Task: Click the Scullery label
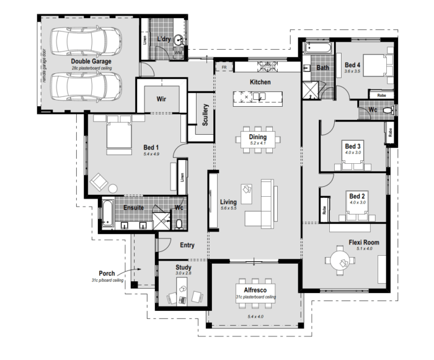pyautogui.click(x=205, y=115)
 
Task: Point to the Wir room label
pyautogui.click(x=163, y=99)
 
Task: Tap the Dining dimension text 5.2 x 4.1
pyautogui.click(x=257, y=143)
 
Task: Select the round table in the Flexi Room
pyautogui.click(x=340, y=259)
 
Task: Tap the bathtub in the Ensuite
pyautogui.click(x=106, y=212)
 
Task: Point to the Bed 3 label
pyautogui.click(x=353, y=146)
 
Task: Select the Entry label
pyautogui.click(x=187, y=245)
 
